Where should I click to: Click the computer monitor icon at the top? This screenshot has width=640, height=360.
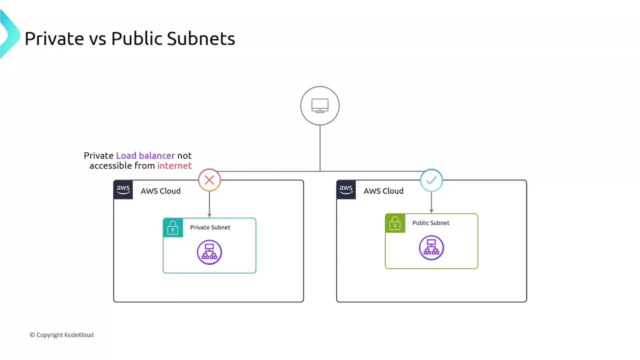pyautogui.click(x=320, y=105)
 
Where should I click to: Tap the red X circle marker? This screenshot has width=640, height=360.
pyautogui.click(x=209, y=180)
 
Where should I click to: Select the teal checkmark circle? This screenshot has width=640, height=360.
pyautogui.click(x=431, y=180)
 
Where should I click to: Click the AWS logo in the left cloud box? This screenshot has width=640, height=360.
pyautogui.click(x=123, y=190)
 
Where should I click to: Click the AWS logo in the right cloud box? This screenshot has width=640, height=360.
pyautogui.click(x=346, y=190)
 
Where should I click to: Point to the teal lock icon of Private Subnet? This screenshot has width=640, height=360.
pyautogui.click(x=173, y=227)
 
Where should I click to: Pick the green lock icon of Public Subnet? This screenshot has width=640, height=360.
pyautogui.click(x=395, y=223)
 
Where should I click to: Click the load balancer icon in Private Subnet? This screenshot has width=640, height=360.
pyautogui.click(x=209, y=252)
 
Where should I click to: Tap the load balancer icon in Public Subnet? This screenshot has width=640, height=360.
pyautogui.click(x=431, y=247)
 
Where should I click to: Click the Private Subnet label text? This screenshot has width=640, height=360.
pyautogui.click(x=210, y=227)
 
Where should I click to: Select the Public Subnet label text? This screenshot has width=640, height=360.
pyautogui.click(x=430, y=223)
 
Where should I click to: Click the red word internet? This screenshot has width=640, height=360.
pyautogui.click(x=174, y=165)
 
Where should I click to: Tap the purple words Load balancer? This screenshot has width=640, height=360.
pyautogui.click(x=145, y=155)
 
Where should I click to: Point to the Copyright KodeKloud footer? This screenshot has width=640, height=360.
pyautogui.click(x=61, y=335)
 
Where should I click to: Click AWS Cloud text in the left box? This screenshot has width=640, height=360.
pyautogui.click(x=160, y=191)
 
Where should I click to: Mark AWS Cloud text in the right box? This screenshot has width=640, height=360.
pyautogui.click(x=383, y=191)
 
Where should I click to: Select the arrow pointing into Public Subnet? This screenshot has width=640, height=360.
pyautogui.click(x=431, y=202)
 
